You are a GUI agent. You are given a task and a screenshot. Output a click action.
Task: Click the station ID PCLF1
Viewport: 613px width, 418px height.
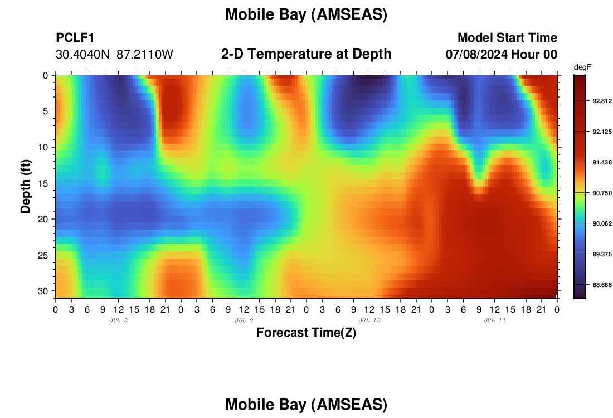pyautogui.click(x=75, y=37)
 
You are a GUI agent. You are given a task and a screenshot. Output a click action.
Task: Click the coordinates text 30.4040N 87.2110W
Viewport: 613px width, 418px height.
pyautogui.click(x=114, y=54)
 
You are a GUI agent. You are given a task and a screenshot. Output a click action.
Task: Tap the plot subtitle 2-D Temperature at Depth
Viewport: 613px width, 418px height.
pyautogui.click(x=306, y=54)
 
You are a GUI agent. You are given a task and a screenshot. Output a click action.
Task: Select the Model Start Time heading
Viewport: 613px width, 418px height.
pyautogui.click(x=508, y=37)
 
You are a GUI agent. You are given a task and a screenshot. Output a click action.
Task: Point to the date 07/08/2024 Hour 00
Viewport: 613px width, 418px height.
pyautogui.click(x=502, y=54)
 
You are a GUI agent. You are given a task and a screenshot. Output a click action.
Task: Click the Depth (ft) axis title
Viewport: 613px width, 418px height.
pyautogui.click(x=26, y=186)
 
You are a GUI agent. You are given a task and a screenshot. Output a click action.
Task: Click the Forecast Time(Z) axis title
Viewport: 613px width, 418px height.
pyautogui.click(x=306, y=332)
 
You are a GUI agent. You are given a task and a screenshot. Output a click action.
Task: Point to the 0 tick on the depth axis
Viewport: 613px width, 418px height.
pyautogui.click(x=45, y=75)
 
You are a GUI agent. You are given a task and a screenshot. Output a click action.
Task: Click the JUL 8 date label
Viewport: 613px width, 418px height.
pyautogui.click(x=119, y=320)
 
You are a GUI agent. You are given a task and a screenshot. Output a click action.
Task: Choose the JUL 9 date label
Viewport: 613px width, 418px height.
pyautogui.click(x=244, y=320)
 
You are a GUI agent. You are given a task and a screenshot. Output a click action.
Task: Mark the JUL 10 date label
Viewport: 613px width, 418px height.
pyautogui.click(x=369, y=320)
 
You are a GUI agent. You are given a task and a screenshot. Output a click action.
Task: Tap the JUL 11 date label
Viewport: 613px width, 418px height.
pyautogui.click(x=495, y=320)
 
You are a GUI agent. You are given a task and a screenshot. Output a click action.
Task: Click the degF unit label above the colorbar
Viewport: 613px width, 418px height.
pyautogui.click(x=582, y=67)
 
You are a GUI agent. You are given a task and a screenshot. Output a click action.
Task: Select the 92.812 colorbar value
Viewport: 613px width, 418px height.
pyautogui.click(x=602, y=101)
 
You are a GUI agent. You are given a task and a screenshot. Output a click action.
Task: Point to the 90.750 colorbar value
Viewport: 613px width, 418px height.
pyautogui.click(x=602, y=193)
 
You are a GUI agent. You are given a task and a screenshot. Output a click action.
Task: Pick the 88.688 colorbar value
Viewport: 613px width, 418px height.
pyautogui.click(x=602, y=285)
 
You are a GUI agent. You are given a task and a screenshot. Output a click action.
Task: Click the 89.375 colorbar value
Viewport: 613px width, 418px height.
pyautogui.click(x=602, y=254)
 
